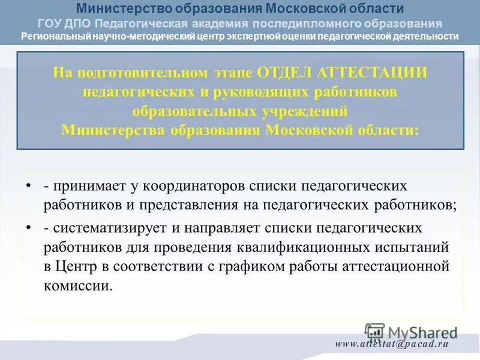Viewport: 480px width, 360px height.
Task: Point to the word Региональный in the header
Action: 55,36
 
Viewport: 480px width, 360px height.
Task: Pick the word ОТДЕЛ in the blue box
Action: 285,73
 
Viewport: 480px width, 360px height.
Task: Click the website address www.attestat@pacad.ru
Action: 392,344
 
